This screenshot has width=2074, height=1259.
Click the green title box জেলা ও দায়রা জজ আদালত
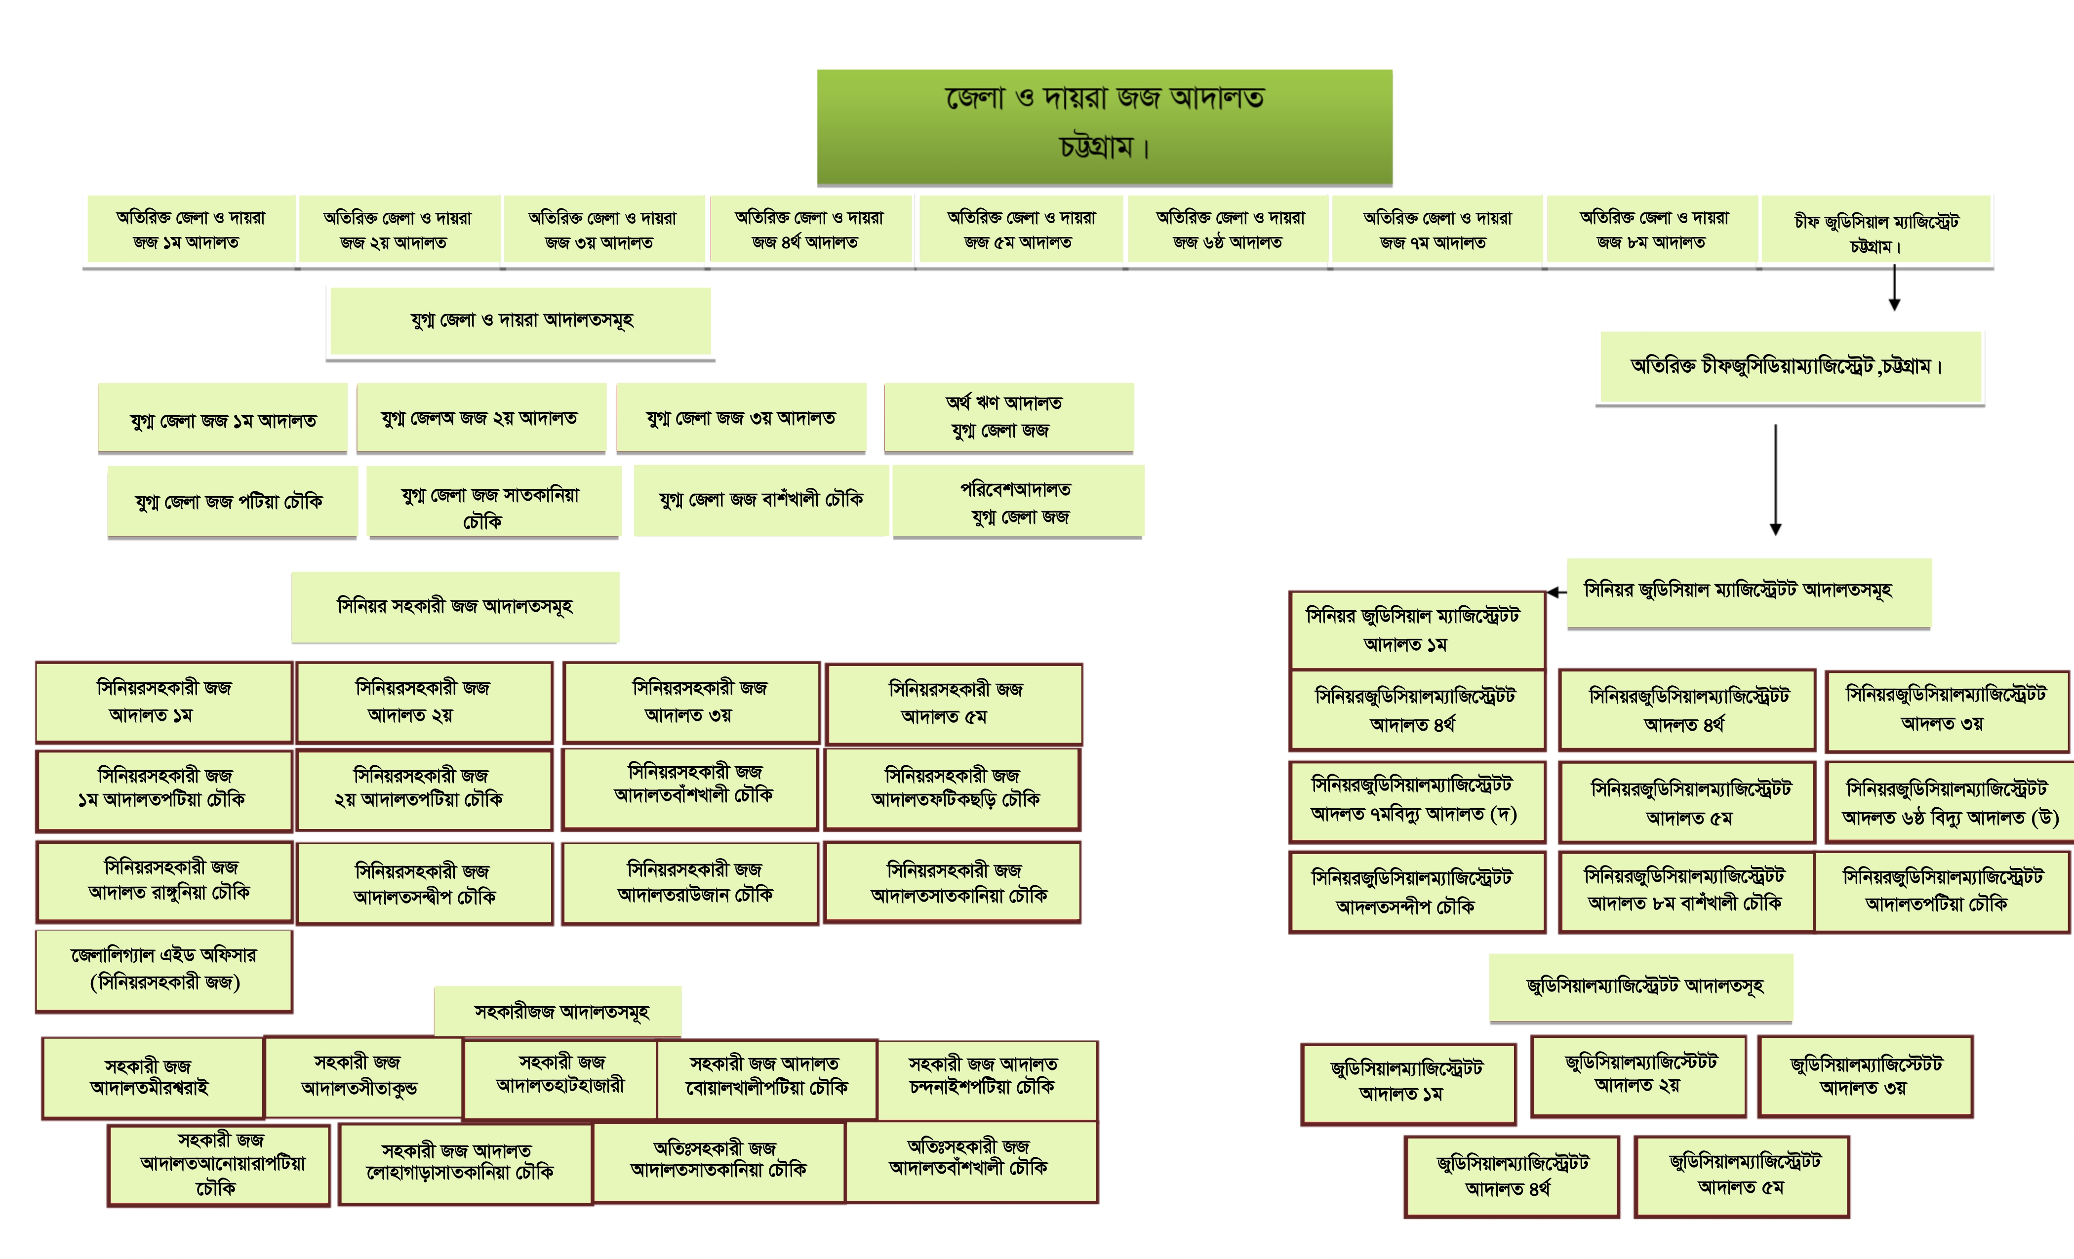(1104, 126)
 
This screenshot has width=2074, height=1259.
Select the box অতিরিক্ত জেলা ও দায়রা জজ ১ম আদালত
(190, 230)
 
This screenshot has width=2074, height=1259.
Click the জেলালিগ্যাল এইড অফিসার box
(164, 970)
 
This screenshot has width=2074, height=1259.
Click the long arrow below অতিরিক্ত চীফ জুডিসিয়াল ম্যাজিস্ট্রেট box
(1775, 480)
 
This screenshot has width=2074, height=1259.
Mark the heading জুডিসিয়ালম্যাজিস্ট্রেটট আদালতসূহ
(1641, 986)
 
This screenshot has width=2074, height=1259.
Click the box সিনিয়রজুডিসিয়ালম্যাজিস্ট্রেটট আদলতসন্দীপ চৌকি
(1417, 892)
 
